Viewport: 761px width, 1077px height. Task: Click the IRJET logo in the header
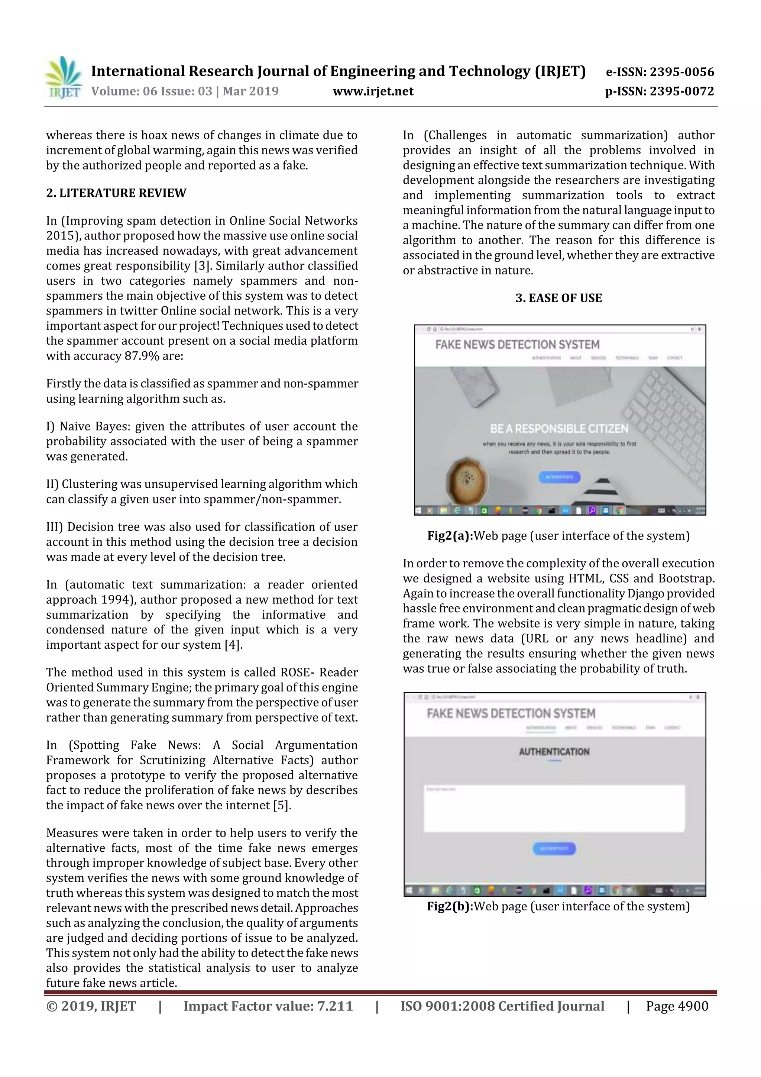pyautogui.click(x=63, y=78)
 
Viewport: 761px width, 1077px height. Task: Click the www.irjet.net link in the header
pyautogui.click(x=373, y=91)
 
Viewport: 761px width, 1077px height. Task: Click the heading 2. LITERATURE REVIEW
pyautogui.click(x=116, y=193)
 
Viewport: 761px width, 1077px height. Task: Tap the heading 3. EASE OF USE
pyautogui.click(x=558, y=298)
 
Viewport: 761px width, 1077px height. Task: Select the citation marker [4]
pyautogui.click(x=233, y=645)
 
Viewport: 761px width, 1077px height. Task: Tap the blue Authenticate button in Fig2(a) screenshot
pyautogui.click(x=559, y=477)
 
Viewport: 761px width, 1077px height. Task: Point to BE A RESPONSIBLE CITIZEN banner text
pyautogui.click(x=559, y=428)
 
